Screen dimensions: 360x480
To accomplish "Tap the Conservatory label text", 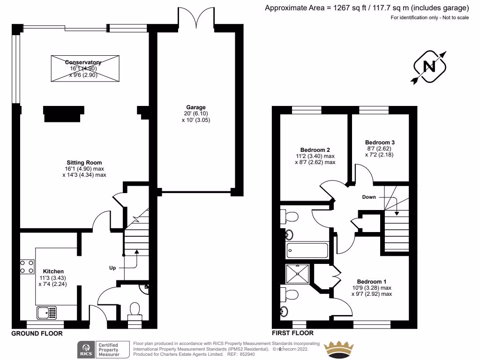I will click(83, 62).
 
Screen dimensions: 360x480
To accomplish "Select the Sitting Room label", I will click(84, 163).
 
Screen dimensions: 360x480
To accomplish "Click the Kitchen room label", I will click(53, 271).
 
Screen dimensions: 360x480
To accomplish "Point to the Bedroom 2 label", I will click(315, 150).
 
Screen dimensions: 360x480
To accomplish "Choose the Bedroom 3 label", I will click(380, 142).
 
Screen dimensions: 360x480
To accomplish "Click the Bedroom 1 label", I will click(371, 282).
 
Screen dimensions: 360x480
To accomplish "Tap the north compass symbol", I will click(428, 67).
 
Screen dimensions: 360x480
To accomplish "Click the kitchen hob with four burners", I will click(27, 267).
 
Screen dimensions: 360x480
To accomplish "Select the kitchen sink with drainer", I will click(46, 312).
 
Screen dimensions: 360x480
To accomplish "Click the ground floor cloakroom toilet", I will click(135, 310).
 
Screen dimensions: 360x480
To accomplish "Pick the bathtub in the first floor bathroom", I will click(307, 250).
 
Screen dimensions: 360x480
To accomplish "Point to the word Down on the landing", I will click(369, 197).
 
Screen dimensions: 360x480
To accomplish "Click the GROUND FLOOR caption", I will click(37, 333).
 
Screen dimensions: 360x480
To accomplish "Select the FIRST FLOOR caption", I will click(293, 333).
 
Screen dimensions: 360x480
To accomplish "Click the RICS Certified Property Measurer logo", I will click(104, 349).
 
